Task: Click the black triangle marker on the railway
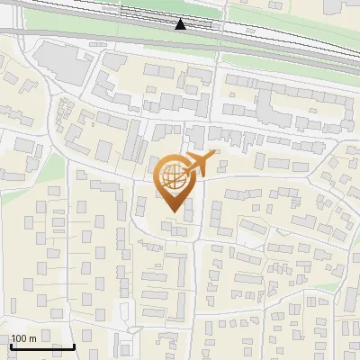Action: click(181, 24)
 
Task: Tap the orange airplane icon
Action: click(199, 164)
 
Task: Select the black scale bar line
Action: click(42, 346)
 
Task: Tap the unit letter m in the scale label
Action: click(32, 338)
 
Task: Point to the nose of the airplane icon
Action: click(216, 156)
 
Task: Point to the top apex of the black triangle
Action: click(181, 19)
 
